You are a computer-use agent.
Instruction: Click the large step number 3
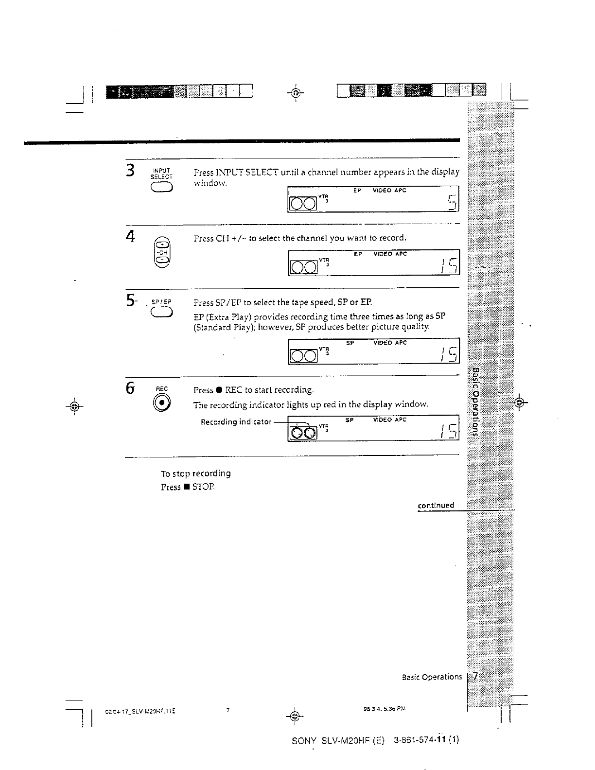click(x=130, y=171)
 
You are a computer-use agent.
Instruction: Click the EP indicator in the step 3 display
click(x=357, y=191)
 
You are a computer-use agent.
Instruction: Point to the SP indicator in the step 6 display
click(x=349, y=420)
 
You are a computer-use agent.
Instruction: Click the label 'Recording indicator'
click(x=236, y=421)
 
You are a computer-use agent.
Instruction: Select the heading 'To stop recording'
click(x=195, y=473)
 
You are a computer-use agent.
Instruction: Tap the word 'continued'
click(x=436, y=506)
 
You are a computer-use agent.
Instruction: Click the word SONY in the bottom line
click(x=304, y=741)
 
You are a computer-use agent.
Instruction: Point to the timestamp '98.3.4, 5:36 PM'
click(x=381, y=708)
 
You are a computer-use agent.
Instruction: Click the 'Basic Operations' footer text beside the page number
click(x=432, y=677)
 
